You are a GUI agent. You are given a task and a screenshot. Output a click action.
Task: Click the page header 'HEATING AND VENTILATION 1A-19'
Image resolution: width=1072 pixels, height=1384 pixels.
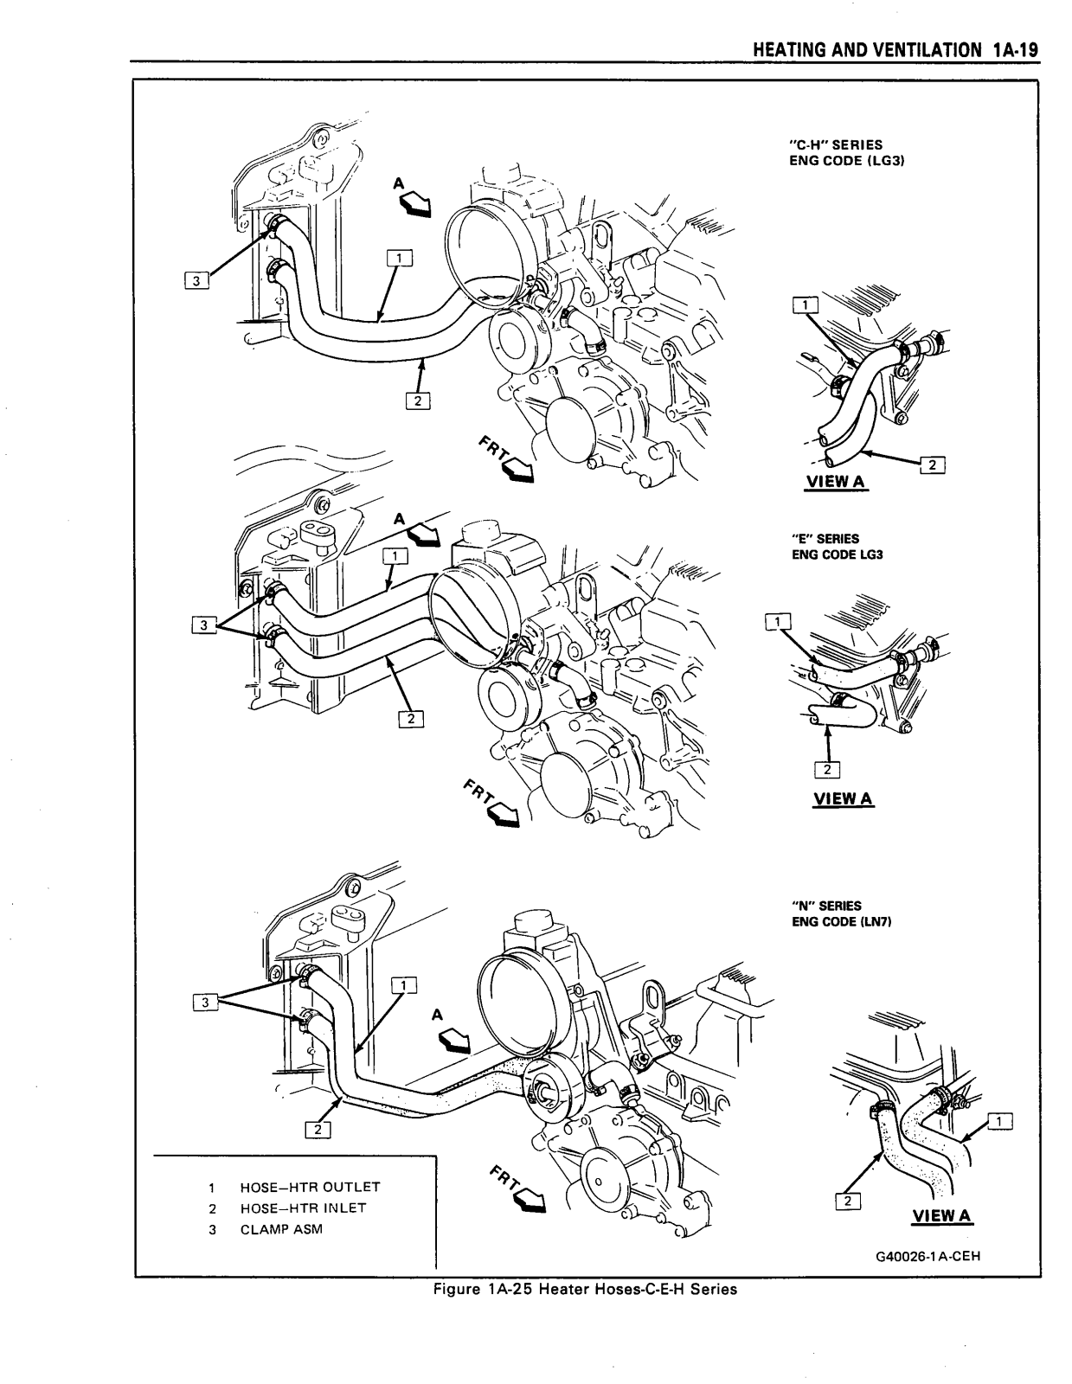895,50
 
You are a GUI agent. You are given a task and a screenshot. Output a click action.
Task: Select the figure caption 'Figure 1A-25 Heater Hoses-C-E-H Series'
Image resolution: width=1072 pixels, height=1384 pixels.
585,1289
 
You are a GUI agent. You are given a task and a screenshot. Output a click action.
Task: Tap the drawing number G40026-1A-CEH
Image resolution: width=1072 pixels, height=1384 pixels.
928,1257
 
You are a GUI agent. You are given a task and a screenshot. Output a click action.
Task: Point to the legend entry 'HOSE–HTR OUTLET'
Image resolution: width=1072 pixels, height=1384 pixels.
310,1187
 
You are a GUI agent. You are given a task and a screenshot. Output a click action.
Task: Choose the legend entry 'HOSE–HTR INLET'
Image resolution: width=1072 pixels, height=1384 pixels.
303,1208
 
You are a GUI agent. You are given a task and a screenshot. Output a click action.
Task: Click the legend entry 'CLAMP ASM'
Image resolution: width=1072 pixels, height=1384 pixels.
281,1229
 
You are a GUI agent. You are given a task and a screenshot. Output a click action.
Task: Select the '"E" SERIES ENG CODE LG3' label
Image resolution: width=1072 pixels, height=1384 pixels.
837,546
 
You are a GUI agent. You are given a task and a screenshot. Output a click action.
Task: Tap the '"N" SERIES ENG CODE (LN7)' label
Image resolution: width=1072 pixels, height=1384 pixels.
841,913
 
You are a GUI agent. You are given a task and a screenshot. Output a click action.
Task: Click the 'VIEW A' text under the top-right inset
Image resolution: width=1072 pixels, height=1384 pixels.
836,482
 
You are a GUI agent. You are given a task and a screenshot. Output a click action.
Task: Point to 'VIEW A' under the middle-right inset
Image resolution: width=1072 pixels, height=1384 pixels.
843,799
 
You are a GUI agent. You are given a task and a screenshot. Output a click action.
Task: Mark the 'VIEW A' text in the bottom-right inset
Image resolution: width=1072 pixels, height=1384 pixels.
942,1216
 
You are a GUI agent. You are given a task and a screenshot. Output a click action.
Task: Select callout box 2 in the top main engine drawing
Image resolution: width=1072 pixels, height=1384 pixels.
417,400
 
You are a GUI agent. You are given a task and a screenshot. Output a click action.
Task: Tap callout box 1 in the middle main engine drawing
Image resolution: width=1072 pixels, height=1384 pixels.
395,556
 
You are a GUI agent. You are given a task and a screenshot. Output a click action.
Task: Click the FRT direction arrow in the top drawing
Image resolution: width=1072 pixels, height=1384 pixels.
517,469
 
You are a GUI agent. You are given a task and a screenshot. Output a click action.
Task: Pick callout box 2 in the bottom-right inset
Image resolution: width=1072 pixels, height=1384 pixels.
847,1201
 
